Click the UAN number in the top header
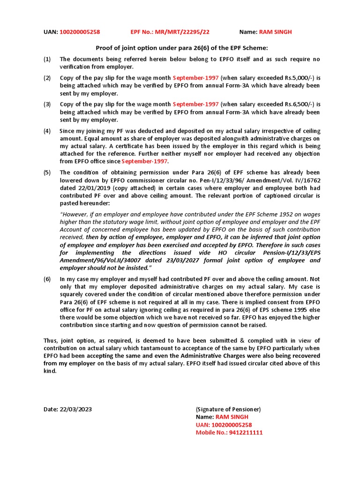click(80, 32)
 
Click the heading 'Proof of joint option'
click(181, 48)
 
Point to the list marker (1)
click(47, 59)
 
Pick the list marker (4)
click(47, 131)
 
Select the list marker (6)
click(47, 279)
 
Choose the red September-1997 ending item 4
click(144, 161)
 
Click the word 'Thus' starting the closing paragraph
click(51, 340)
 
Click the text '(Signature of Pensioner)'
click(228, 409)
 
